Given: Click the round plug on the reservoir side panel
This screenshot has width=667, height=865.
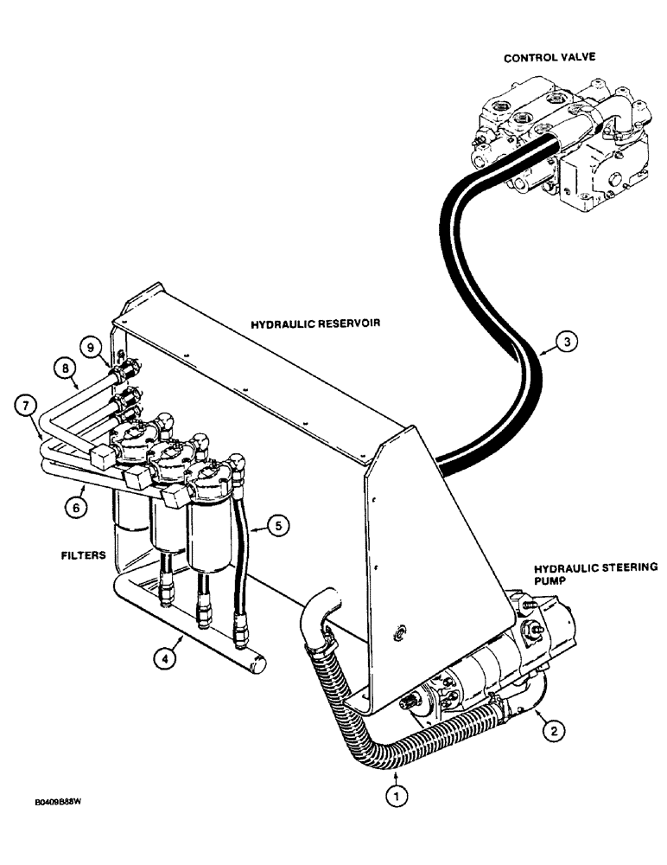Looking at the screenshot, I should (x=399, y=633).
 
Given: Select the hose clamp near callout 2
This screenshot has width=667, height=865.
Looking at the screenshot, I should (x=496, y=710).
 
